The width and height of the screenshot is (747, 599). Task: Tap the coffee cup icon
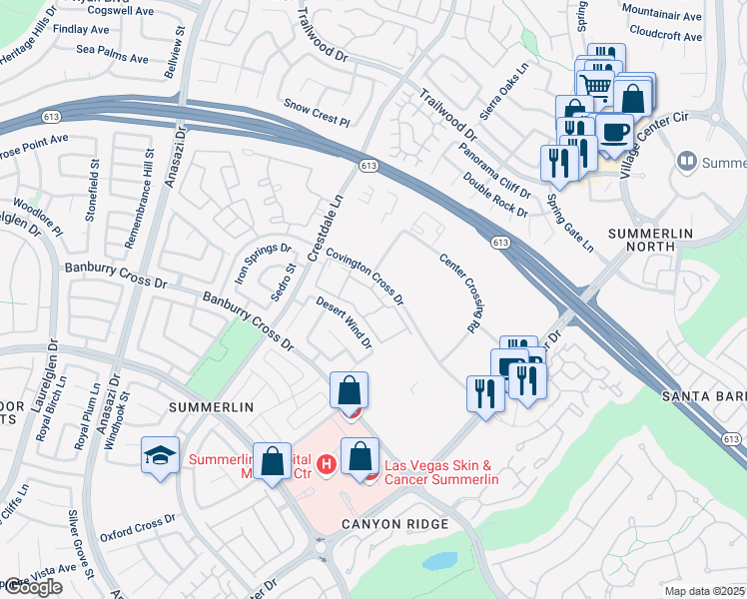614,131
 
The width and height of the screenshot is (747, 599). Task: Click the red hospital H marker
325,463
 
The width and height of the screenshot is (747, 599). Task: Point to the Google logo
32,587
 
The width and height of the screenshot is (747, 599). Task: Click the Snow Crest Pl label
317,112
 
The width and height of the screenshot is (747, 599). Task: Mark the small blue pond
439,561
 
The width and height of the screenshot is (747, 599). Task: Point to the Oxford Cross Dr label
137,519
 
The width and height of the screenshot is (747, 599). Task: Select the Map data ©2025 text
705,591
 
